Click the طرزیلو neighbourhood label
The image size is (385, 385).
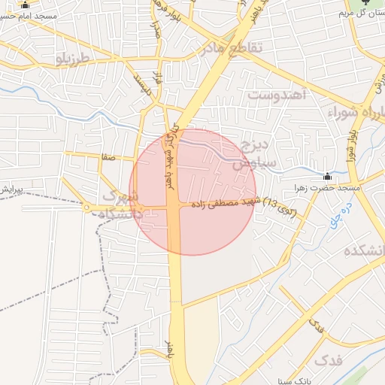click(72, 57)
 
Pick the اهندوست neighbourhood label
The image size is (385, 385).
click(278, 95)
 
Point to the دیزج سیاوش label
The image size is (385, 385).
click(254, 153)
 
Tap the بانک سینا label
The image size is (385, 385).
click(297, 380)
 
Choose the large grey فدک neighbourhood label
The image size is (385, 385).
click(328, 361)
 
